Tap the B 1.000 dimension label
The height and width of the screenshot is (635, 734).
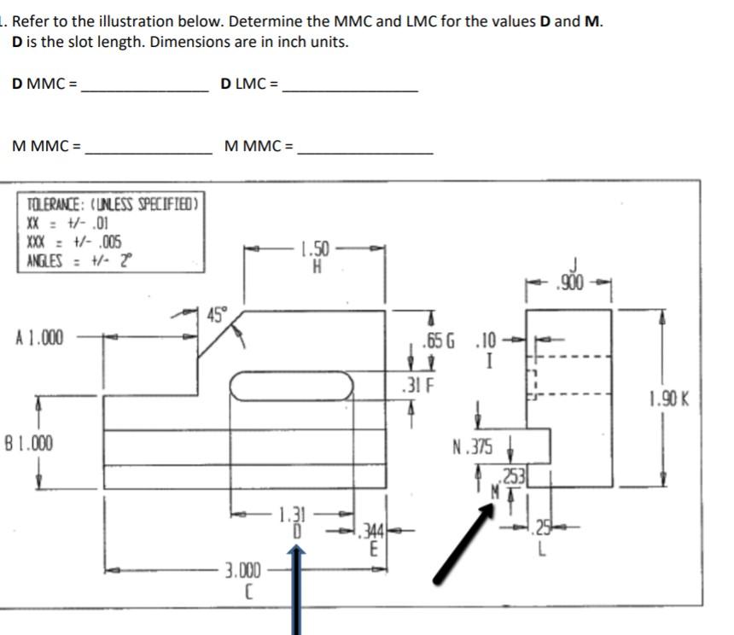pyautogui.click(x=28, y=443)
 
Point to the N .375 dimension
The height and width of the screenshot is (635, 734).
pyautogui.click(x=474, y=446)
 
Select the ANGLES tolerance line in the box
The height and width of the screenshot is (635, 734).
pyautogui.click(x=77, y=259)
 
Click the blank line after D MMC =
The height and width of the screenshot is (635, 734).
pyautogui.click(x=144, y=89)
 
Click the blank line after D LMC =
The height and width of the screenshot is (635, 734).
pyautogui.click(x=350, y=89)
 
